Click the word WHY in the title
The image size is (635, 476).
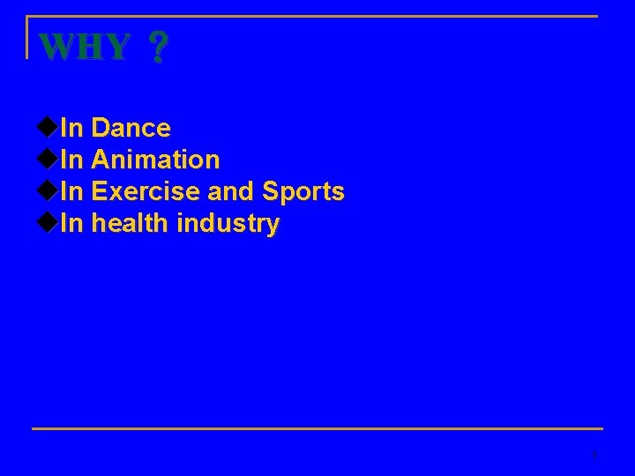coord(86,47)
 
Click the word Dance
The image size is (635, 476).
coord(131,129)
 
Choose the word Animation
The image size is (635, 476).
coord(155,160)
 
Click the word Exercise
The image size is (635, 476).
coord(146,192)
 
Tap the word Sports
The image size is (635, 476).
coord(303,192)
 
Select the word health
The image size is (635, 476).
coord(130,224)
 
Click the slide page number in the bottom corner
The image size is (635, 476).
coord(595,456)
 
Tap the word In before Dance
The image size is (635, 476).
coord(72,129)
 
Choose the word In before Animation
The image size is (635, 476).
coord(72,160)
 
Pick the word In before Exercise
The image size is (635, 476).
coord(72,192)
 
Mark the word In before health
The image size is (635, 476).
coord(72,224)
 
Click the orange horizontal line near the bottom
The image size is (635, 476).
coord(317,429)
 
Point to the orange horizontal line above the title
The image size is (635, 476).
coord(317,16)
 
